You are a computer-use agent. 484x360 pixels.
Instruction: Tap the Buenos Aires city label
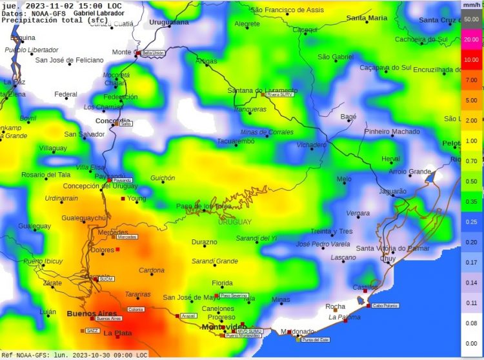tap(92, 313)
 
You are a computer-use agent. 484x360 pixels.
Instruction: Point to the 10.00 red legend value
tap(471, 59)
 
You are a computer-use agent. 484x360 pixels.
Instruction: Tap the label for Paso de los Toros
tap(204, 206)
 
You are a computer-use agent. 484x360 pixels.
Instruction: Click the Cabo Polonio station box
tap(386, 306)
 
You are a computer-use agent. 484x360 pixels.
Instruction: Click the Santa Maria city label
tap(367, 17)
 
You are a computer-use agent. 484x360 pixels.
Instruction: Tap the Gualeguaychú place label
tap(84, 218)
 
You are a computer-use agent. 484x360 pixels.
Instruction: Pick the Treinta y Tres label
tap(332, 231)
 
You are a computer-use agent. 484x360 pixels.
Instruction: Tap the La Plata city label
tap(118, 334)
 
